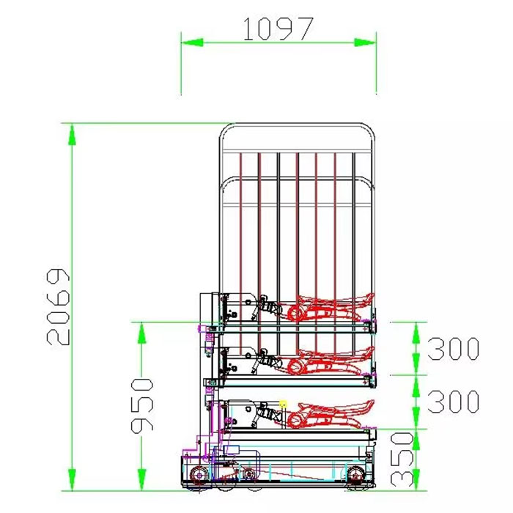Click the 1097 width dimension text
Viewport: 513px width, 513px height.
(278, 29)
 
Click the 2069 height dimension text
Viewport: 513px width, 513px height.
(58, 307)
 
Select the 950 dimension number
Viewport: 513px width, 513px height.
(142, 406)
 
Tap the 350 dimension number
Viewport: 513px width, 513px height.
(402, 459)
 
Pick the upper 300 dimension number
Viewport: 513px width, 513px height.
(454, 349)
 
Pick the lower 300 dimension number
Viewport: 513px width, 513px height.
(454, 401)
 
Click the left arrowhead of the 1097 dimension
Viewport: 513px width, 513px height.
(192, 43)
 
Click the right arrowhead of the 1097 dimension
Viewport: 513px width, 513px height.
(365, 43)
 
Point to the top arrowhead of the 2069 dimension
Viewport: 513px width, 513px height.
(72, 134)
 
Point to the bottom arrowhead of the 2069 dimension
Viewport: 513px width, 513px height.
(72, 479)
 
